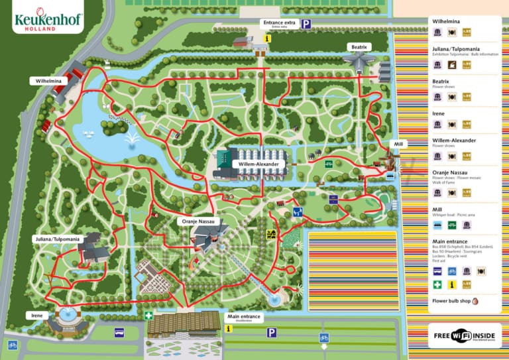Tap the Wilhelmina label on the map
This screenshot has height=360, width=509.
click(49, 80)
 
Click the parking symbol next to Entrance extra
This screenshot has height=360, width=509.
click(306, 25)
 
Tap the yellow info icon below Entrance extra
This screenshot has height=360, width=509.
click(268, 38)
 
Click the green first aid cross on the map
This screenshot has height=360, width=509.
click(150, 316)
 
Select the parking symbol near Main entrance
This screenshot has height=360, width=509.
click(272, 332)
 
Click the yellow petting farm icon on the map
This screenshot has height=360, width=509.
click(270, 234)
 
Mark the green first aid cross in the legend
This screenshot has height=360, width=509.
click(437, 284)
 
